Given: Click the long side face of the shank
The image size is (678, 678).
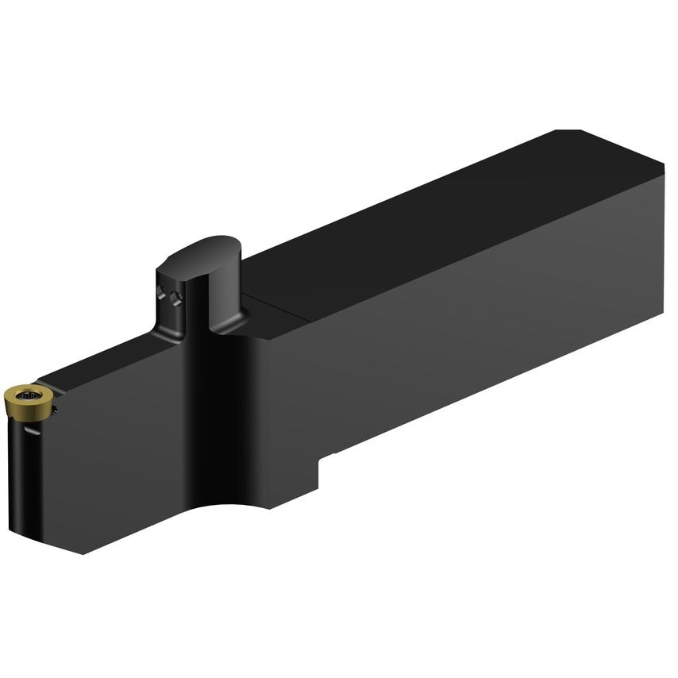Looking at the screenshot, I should (476, 333).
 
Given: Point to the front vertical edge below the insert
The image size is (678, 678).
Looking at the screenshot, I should (37, 476).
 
